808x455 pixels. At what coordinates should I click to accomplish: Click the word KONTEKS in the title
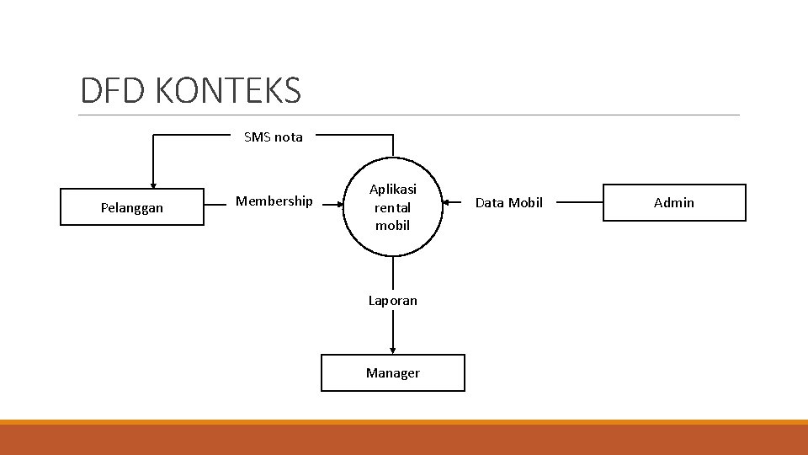tap(228, 90)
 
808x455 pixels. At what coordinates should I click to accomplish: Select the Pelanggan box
tap(132, 207)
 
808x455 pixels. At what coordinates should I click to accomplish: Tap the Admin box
tap(674, 202)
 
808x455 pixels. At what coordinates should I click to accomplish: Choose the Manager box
tap(392, 372)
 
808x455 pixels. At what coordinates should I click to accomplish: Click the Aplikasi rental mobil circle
tap(392, 207)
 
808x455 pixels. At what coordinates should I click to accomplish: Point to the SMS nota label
tap(273, 136)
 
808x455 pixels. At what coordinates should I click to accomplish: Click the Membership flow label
tap(274, 201)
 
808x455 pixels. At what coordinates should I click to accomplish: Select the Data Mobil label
tap(509, 202)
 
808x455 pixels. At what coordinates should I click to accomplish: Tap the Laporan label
tap(392, 300)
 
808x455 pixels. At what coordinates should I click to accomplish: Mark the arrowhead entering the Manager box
tap(392, 350)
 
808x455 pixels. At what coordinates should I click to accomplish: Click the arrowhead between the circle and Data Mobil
tap(447, 202)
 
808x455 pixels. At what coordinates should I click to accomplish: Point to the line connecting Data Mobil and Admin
tap(580, 202)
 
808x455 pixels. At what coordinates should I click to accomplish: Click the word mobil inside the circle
tap(392, 225)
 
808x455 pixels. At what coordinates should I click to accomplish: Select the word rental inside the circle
tap(392, 207)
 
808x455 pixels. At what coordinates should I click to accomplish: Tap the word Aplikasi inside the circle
tap(392, 190)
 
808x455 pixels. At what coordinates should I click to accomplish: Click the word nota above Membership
tap(289, 136)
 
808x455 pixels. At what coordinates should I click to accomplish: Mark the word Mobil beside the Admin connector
tap(526, 202)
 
